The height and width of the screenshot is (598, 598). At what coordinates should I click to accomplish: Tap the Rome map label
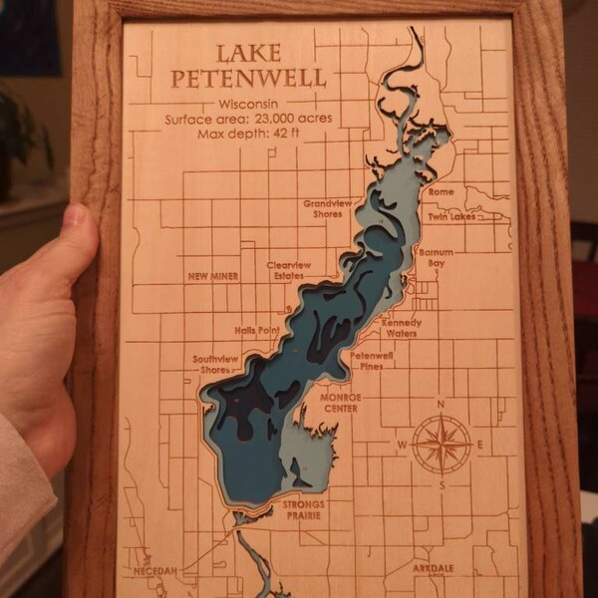coord(440,191)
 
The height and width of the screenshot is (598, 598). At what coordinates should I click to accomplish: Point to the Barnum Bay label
coord(437,258)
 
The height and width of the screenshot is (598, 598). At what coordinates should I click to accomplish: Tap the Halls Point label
coord(256,329)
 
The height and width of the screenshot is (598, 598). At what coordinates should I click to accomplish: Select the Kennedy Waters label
coord(401,328)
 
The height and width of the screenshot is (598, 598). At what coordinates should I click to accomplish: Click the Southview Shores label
coord(215,363)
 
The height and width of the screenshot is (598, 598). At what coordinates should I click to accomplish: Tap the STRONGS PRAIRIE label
coord(303,510)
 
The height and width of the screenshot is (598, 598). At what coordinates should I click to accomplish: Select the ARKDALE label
coord(434,567)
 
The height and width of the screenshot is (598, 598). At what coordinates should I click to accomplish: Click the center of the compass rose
coord(442,444)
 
